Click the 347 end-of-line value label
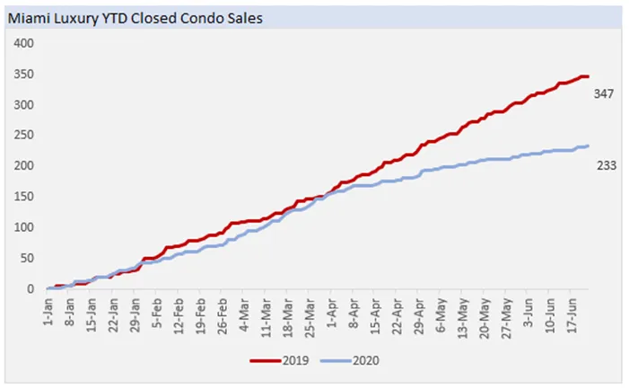[604, 93]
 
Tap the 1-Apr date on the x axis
[330, 310]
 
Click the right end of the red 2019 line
[588, 76]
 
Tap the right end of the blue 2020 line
[588, 146]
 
